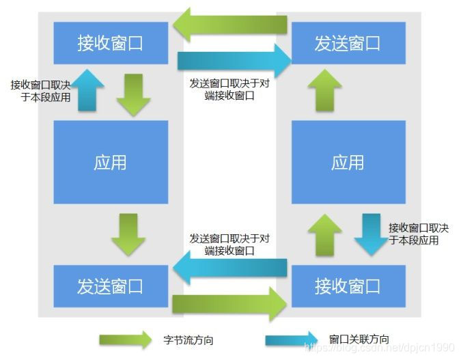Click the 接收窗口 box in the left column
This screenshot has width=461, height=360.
[111, 43]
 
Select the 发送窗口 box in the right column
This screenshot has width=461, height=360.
[348, 43]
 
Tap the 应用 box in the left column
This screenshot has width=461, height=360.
[111, 163]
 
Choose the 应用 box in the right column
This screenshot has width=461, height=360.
[348, 163]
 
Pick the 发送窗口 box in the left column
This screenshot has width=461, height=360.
[111, 286]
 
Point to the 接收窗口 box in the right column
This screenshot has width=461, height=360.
[348, 286]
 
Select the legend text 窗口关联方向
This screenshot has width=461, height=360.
[359, 340]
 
